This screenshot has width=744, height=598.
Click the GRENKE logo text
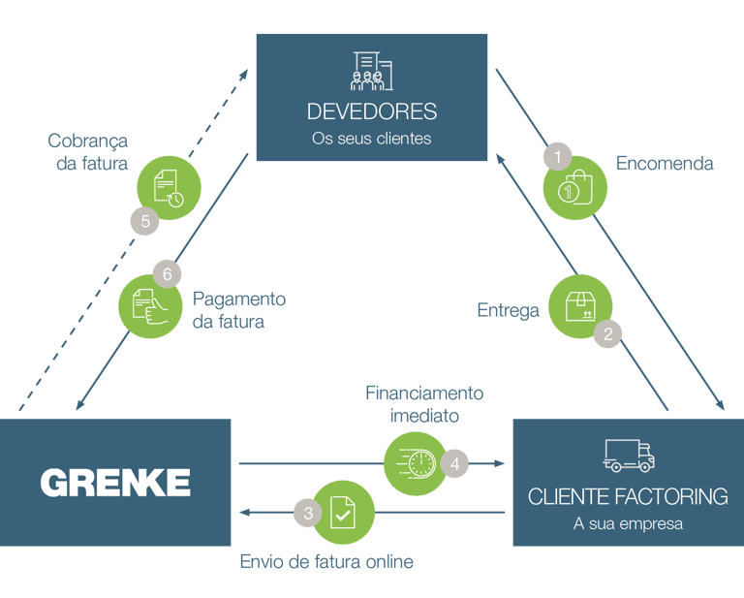pos(115,482)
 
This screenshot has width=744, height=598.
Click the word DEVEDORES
pos(371,111)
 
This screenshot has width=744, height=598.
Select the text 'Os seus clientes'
pos(371,139)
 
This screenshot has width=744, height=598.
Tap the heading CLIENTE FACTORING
pos(628,497)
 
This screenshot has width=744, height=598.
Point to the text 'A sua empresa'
pos(628,524)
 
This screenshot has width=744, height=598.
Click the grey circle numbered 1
pos(557,155)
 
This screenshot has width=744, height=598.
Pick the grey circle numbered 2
pos(607,333)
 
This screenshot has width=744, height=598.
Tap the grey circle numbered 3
pos(308,514)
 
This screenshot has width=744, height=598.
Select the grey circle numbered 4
pos(454,463)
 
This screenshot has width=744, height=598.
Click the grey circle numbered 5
pos(144,221)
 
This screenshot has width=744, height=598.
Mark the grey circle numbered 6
pos(167,274)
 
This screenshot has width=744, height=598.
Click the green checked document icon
pos(341,512)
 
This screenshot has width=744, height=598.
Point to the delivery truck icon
pos(629,456)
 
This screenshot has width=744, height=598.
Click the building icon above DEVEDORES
pos(371,71)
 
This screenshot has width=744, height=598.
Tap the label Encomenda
pos(665,164)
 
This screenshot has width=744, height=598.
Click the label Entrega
pos(508,310)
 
